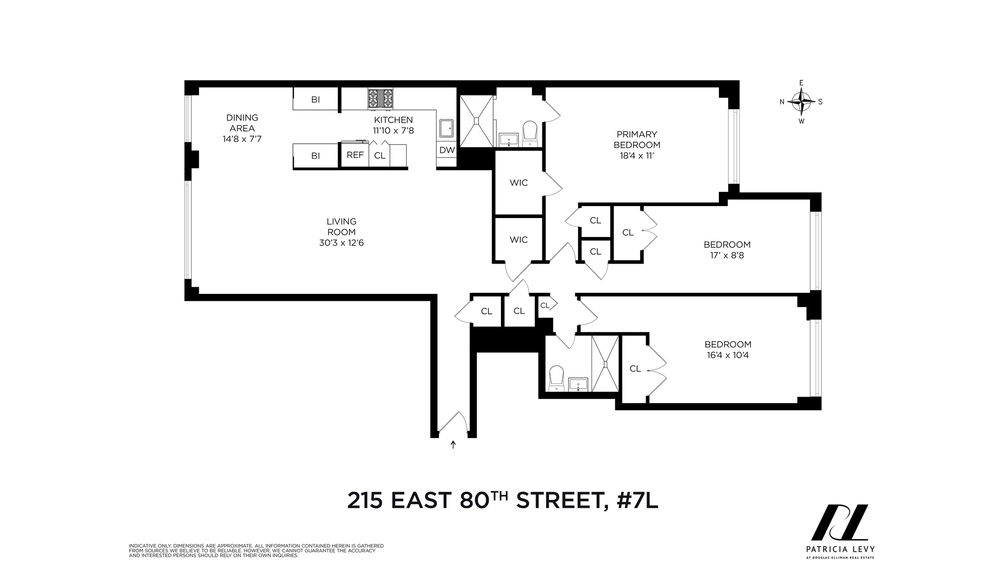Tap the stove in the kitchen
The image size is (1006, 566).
coord(380,99)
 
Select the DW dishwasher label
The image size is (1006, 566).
coord(446,150)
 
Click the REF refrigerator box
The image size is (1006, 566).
coord(355,156)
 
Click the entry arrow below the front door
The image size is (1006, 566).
coord(453,445)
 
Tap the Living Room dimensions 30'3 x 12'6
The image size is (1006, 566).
coord(341,243)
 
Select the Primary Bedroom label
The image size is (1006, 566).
coord(637,140)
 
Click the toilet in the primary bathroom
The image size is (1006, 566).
coord(530,133)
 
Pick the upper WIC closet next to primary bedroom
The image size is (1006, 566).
coord(519,183)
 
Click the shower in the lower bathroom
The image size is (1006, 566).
coord(605,363)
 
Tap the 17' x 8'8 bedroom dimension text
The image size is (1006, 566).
coord(727,256)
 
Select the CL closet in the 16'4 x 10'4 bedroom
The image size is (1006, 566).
coord(635,369)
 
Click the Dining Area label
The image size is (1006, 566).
coord(242,123)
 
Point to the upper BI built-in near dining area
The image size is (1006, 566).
coord(315,100)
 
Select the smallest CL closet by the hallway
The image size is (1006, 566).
coord(545,306)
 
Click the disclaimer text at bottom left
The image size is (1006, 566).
coord(256,550)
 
